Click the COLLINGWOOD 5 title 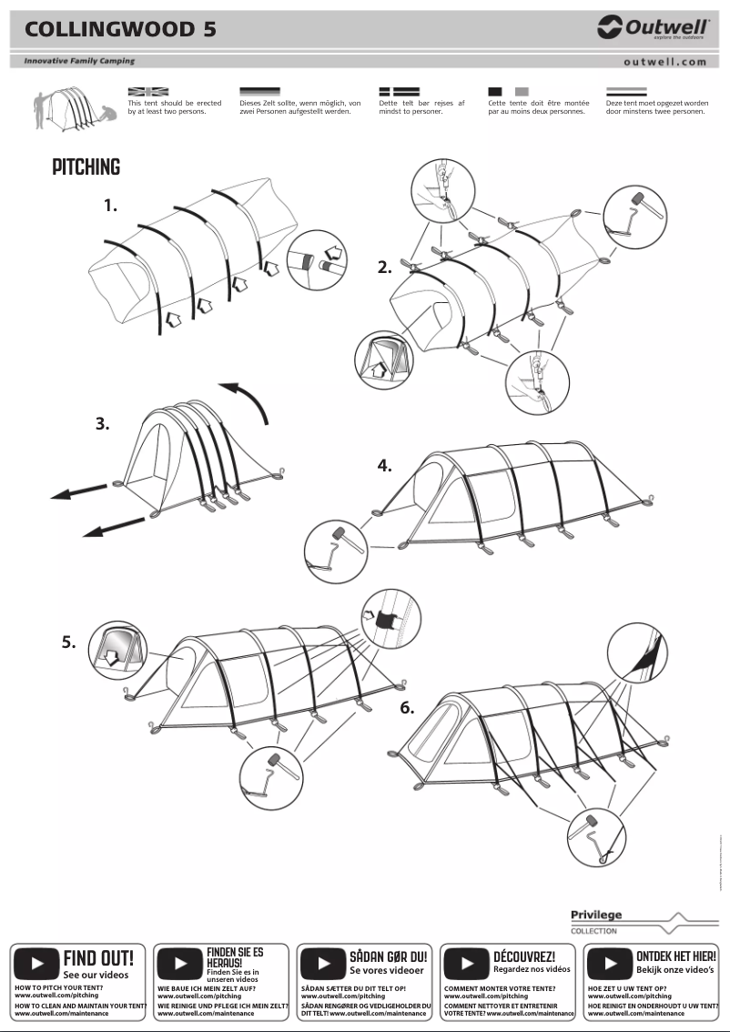coord(120,30)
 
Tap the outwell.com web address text coord(664,62)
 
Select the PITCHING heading coord(86,167)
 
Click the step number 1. coord(110,206)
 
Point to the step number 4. coord(385,465)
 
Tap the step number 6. coord(407,707)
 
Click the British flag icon coord(147,92)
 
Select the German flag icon coord(259,92)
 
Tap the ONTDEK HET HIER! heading coord(675,956)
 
